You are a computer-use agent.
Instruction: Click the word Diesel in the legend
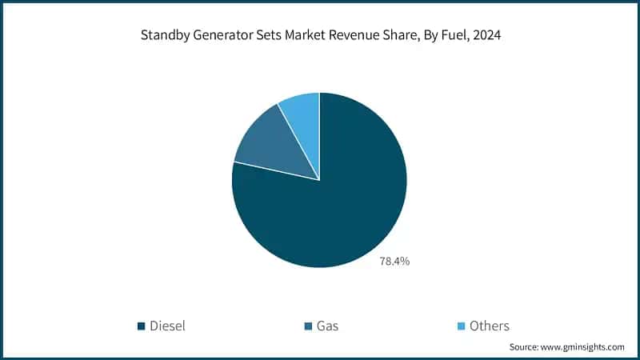pyautogui.click(x=167, y=326)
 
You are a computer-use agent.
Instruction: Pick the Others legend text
pyautogui.click(x=490, y=326)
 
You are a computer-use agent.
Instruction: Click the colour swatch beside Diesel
pyautogui.click(x=142, y=326)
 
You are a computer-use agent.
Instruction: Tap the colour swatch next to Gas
pyautogui.click(x=308, y=326)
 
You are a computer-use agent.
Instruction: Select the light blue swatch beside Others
pyautogui.click(x=461, y=326)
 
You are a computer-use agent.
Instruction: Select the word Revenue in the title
pyautogui.click(x=351, y=36)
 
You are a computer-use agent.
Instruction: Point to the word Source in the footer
pyautogui.click(x=526, y=347)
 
